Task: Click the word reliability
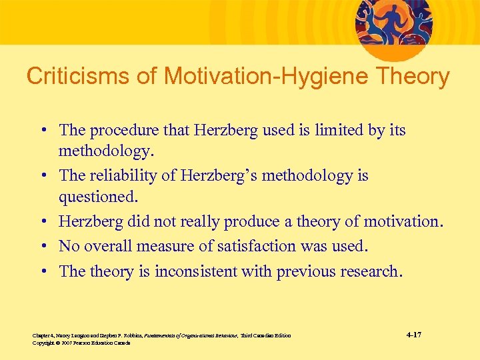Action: (x=124, y=176)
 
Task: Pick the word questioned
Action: (x=96, y=197)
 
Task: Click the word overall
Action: (x=107, y=246)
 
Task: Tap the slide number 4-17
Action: (x=413, y=334)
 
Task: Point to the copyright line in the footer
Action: (x=81, y=343)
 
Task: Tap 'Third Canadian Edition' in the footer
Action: (x=265, y=335)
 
